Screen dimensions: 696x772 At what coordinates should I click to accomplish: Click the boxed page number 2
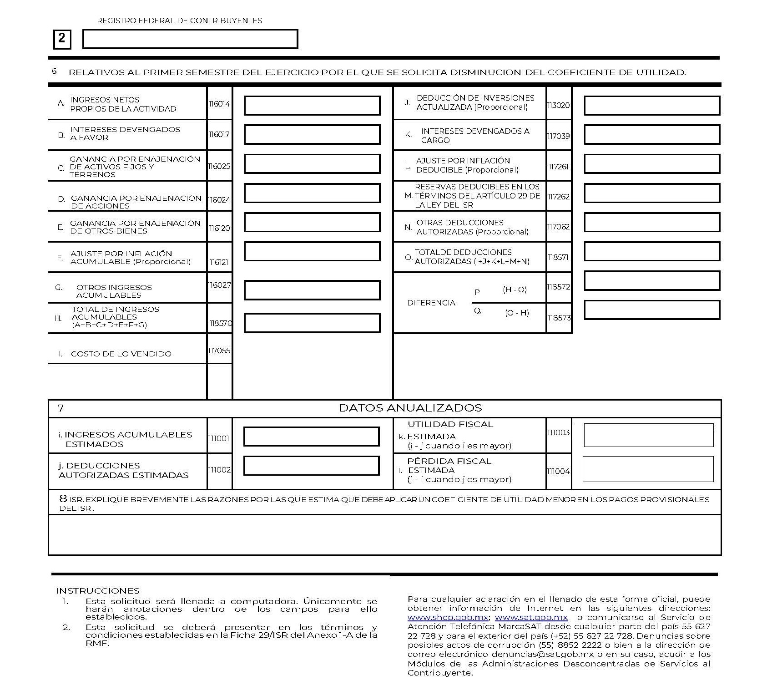pyautogui.click(x=62, y=39)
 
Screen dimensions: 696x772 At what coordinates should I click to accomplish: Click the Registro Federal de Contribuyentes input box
pyautogui.click(x=190, y=39)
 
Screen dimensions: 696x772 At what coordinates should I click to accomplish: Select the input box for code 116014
pyautogui.click(x=312, y=106)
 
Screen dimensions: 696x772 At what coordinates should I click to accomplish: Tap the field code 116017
pyautogui.click(x=219, y=134)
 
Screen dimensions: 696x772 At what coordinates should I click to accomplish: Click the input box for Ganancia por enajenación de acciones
pyautogui.click(x=312, y=193)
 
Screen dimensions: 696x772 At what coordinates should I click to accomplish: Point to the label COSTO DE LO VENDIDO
pyautogui.click(x=121, y=354)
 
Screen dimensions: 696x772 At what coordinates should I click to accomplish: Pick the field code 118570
pyautogui.click(x=220, y=323)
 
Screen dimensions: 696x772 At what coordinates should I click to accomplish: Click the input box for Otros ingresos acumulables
pyautogui.click(x=312, y=290)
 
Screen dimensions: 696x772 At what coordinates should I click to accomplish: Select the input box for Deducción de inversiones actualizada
pyautogui.click(x=651, y=106)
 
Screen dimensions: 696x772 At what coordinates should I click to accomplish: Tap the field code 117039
pyautogui.click(x=559, y=136)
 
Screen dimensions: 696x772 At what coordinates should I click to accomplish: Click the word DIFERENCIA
pyautogui.click(x=431, y=303)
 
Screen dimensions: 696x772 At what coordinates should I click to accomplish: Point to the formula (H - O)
pyautogui.click(x=515, y=290)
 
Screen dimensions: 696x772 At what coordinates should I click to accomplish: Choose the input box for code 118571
pyautogui.click(x=651, y=252)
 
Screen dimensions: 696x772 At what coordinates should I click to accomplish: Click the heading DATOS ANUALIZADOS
pyautogui.click(x=410, y=408)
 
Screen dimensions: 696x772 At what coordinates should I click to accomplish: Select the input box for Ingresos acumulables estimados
pyautogui.click(x=312, y=437)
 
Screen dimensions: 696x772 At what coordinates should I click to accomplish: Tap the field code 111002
pyautogui.click(x=219, y=470)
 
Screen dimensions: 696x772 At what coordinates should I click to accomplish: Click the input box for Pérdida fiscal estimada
pyautogui.click(x=648, y=469)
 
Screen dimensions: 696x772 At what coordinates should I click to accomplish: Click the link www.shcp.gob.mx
pyautogui.click(x=448, y=617)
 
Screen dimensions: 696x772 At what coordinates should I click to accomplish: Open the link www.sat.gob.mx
pyautogui.click(x=531, y=617)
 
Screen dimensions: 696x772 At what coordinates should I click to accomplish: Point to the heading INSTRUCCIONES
pyautogui.click(x=98, y=591)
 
